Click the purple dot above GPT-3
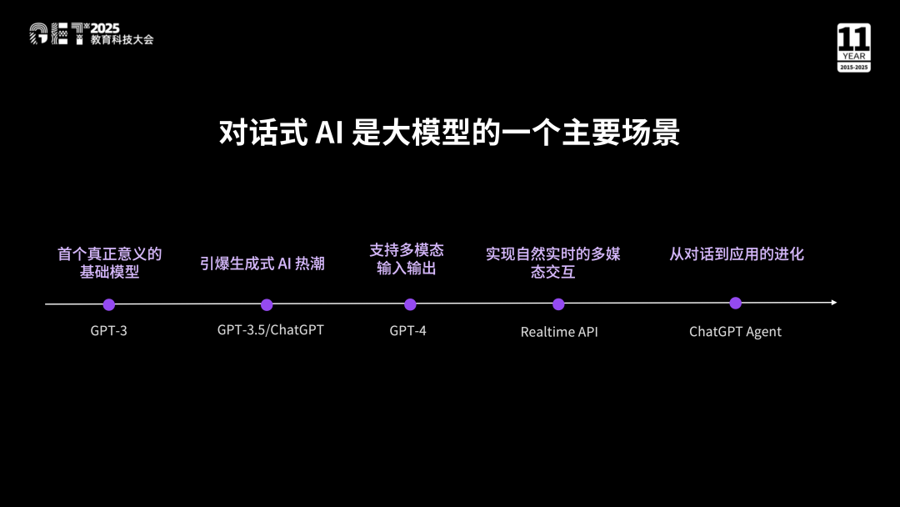(x=109, y=304)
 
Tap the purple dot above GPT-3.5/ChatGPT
(x=267, y=304)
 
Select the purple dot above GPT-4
(x=410, y=304)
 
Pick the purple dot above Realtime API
(x=558, y=304)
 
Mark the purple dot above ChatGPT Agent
(x=735, y=304)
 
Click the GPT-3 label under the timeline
(x=109, y=331)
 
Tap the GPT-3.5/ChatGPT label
(x=270, y=330)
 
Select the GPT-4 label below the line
(x=408, y=331)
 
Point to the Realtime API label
(x=559, y=332)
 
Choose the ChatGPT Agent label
(x=735, y=332)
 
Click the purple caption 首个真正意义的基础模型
(x=109, y=263)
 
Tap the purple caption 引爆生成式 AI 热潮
(x=262, y=264)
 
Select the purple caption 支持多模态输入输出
(x=407, y=259)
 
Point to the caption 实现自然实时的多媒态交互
(x=553, y=263)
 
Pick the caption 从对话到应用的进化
(x=737, y=254)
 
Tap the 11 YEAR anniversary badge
(x=854, y=48)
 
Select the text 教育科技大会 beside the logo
(x=122, y=40)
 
